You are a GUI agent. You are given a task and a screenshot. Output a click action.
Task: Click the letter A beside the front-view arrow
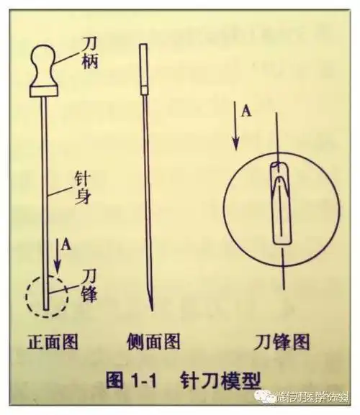66,245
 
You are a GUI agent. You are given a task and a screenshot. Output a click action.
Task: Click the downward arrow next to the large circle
236,129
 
